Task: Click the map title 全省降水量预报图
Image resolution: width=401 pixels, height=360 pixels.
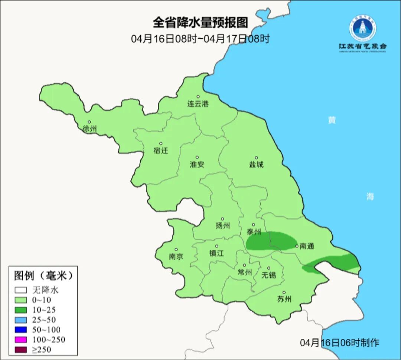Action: tap(200, 23)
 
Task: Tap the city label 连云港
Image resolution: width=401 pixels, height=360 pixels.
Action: tap(198, 104)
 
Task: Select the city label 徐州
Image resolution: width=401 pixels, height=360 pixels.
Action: tap(90, 129)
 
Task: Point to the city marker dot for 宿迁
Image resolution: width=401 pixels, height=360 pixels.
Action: tap(161, 143)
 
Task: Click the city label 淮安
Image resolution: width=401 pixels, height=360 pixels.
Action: tap(197, 164)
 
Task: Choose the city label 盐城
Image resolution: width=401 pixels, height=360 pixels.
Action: tap(256, 164)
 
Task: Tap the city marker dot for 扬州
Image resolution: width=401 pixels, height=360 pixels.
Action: tap(222, 219)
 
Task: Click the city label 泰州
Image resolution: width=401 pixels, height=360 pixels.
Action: tap(254, 232)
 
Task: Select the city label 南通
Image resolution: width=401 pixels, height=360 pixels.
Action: tap(307, 246)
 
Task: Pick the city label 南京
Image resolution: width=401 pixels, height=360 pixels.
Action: tap(176, 256)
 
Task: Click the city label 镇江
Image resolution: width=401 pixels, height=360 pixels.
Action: tap(217, 253)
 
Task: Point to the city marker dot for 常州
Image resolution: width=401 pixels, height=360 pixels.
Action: tap(244, 265)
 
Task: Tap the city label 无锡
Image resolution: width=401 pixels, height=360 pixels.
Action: tap(268, 275)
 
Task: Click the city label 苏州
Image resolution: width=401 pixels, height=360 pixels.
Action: tap(284, 299)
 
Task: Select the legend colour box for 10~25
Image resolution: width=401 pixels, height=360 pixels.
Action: tap(21, 310)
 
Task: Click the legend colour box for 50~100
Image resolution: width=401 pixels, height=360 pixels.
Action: tap(21, 330)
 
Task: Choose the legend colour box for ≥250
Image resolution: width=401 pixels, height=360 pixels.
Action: tap(21, 349)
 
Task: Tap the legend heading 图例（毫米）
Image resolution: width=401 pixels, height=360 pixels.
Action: tap(43, 276)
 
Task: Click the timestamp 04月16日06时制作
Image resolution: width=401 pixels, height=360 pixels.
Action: tap(340, 342)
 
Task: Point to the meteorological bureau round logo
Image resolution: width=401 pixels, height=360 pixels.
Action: tap(362, 27)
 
